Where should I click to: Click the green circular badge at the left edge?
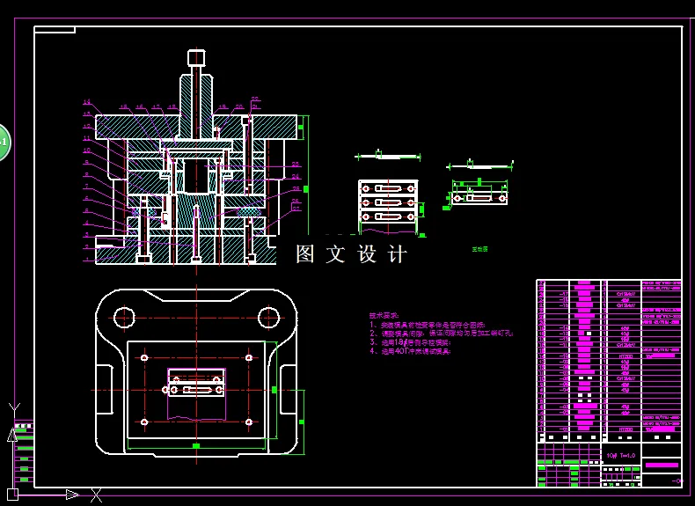(3, 142)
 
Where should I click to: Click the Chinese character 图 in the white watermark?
(305, 255)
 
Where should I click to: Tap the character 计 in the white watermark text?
(398, 255)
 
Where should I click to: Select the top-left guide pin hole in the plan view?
(123, 316)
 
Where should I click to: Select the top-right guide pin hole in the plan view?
(268, 316)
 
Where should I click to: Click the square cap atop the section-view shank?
(196, 58)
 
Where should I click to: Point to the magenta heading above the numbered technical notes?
(384, 315)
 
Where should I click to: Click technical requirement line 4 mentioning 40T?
(410, 351)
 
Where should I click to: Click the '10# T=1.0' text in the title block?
(620, 456)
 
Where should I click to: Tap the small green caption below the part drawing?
(479, 249)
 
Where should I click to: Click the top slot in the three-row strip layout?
(388, 188)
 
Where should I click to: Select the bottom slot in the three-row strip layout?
(388, 216)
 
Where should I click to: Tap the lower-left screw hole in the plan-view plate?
(144, 422)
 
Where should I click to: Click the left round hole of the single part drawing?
(458, 197)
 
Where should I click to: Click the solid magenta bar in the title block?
(662, 465)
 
